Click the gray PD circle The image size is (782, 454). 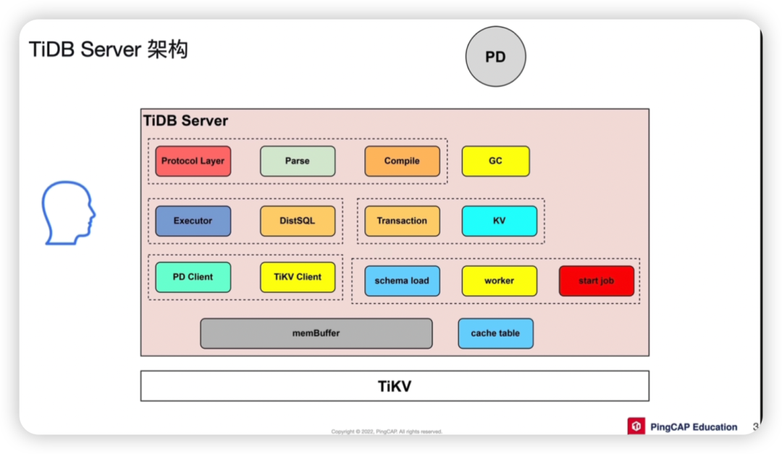(x=495, y=57)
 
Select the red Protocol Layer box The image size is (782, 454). (x=193, y=161)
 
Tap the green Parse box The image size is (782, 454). (x=298, y=161)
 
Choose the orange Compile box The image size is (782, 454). (x=402, y=161)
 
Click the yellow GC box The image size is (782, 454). (x=495, y=161)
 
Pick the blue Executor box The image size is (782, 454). (x=193, y=221)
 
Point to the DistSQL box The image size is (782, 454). (x=298, y=221)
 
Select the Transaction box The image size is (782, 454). (x=402, y=221)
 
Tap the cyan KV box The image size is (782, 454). (x=500, y=221)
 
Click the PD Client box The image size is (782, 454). (x=193, y=277)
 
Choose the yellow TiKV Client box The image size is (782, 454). (x=298, y=277)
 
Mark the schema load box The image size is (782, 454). (x=402, y=281)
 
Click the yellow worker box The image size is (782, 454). (x=500, y=281)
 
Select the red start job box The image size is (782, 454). (x=597, y=281)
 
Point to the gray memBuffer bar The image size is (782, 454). (x=316, y=334)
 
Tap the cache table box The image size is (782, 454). (x=495, y=334)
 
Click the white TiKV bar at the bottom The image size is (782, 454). (x=395, y=386)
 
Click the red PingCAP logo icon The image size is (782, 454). (x=636, y=426)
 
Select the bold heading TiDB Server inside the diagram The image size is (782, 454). (x=185, y=121)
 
